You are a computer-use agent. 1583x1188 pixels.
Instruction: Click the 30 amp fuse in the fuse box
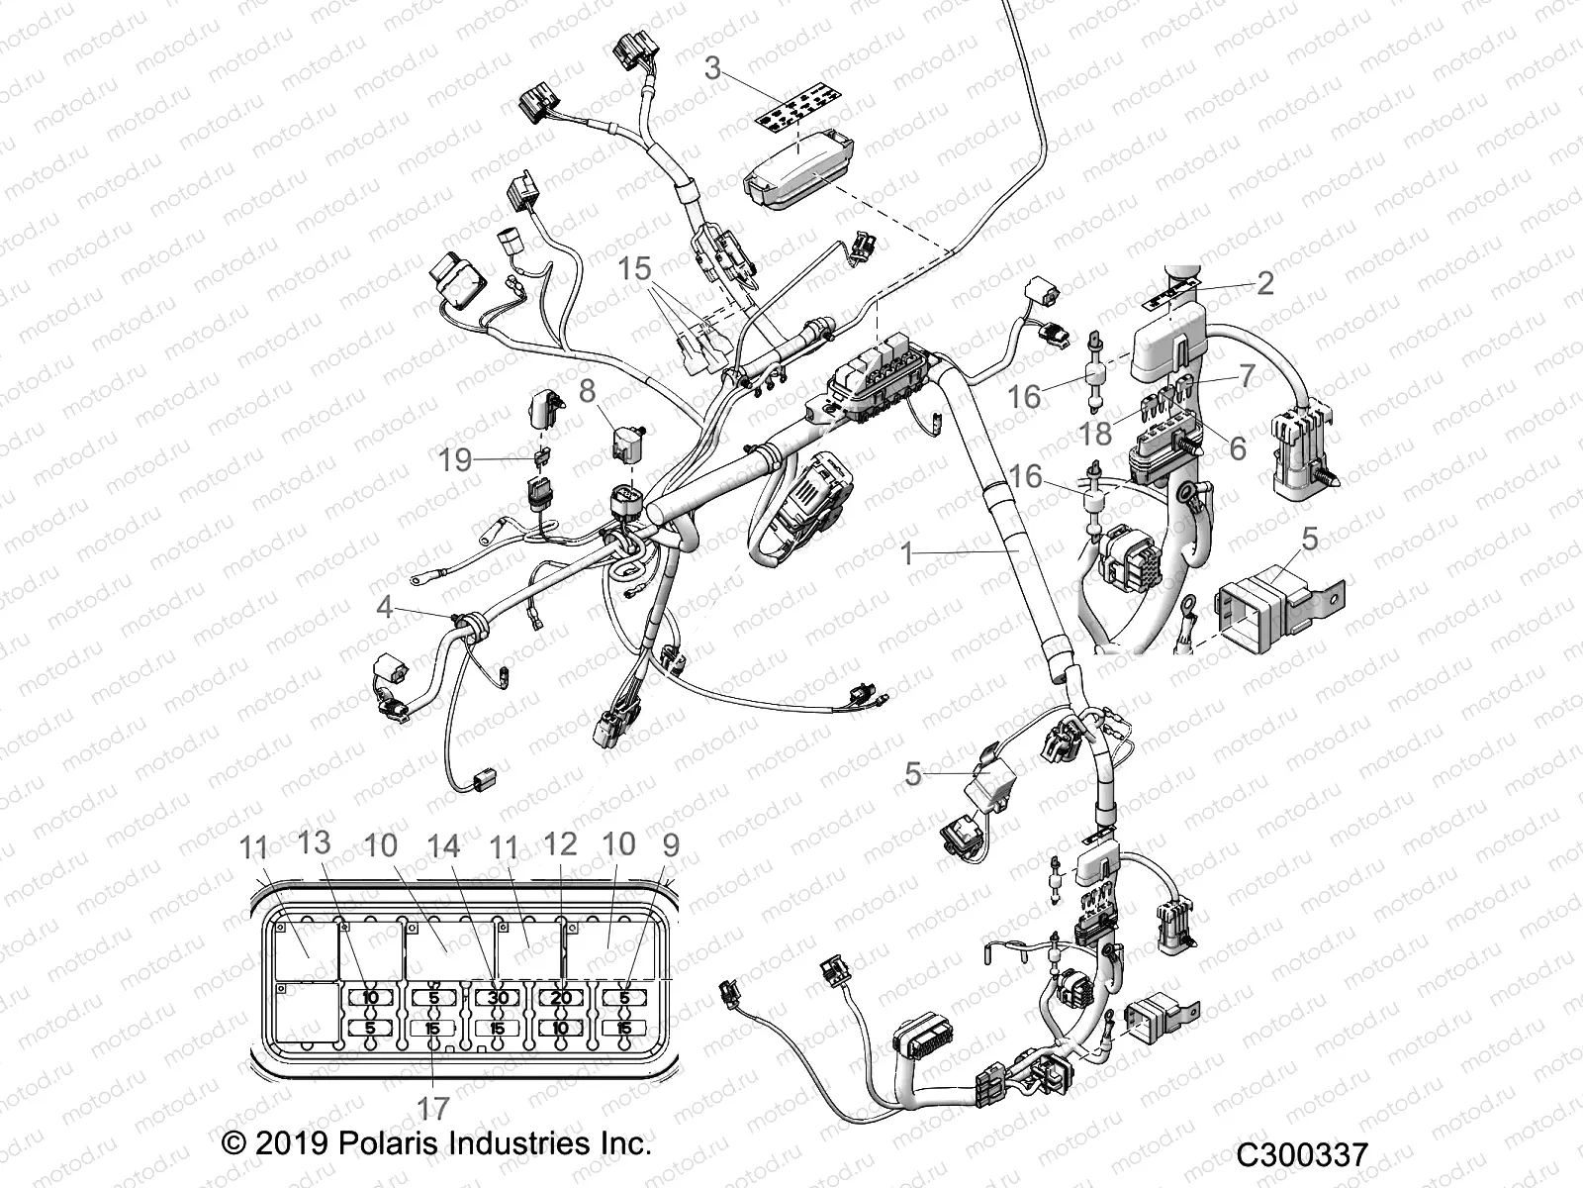tap(498, 998)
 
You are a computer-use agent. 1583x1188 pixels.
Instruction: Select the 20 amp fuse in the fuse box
tap(561, 998)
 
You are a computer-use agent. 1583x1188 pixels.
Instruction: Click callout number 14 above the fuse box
tap(443, 845)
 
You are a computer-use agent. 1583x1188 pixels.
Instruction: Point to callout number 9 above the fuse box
tap(671, 845)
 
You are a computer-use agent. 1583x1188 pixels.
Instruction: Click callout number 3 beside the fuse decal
tap(713, 69)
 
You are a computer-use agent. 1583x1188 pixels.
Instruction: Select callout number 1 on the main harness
tap(908, 552)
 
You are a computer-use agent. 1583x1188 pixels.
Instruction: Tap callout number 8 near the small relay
tap(588, 392)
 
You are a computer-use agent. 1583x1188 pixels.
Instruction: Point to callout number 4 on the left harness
tap(385, 607)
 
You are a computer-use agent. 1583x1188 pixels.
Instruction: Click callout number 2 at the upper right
tap(1264, 284)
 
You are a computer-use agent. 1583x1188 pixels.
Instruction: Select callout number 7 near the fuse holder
tap(1246, 375)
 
